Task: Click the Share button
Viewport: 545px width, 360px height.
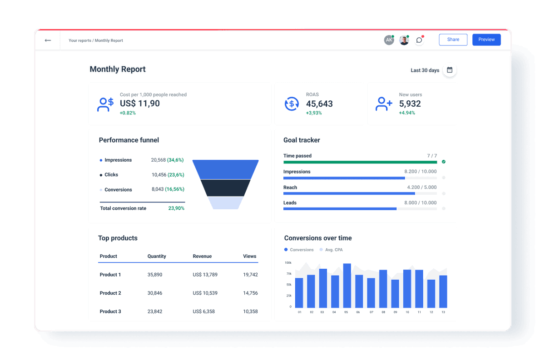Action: coord(453,39)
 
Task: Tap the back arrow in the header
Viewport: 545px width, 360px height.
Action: coord(48,40)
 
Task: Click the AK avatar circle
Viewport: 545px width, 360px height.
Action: coord(389,40)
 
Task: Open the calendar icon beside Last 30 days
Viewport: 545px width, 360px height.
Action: coord(450,70)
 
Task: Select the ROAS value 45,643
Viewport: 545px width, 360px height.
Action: coord(319,104)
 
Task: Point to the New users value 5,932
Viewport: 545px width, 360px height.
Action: coord(410,104)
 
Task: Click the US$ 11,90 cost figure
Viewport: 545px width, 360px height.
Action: coord(140,104)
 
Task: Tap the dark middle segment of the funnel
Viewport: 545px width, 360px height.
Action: coord(225,187)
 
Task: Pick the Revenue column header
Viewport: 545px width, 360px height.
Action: coord(202,256)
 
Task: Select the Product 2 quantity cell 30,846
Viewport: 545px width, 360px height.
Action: coord(155,293)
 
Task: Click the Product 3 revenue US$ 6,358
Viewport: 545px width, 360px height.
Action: coord(204,311)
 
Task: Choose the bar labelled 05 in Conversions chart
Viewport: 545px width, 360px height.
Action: coord(347,286)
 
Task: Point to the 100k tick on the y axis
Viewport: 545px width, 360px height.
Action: coord(288,263)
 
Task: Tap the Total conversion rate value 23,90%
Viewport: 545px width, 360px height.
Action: coord(176,208)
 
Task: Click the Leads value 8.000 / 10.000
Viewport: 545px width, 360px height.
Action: coord(420,203)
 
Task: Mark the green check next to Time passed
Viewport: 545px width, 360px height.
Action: coord(444,162)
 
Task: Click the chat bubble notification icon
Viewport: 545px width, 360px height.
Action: coord(419,40)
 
